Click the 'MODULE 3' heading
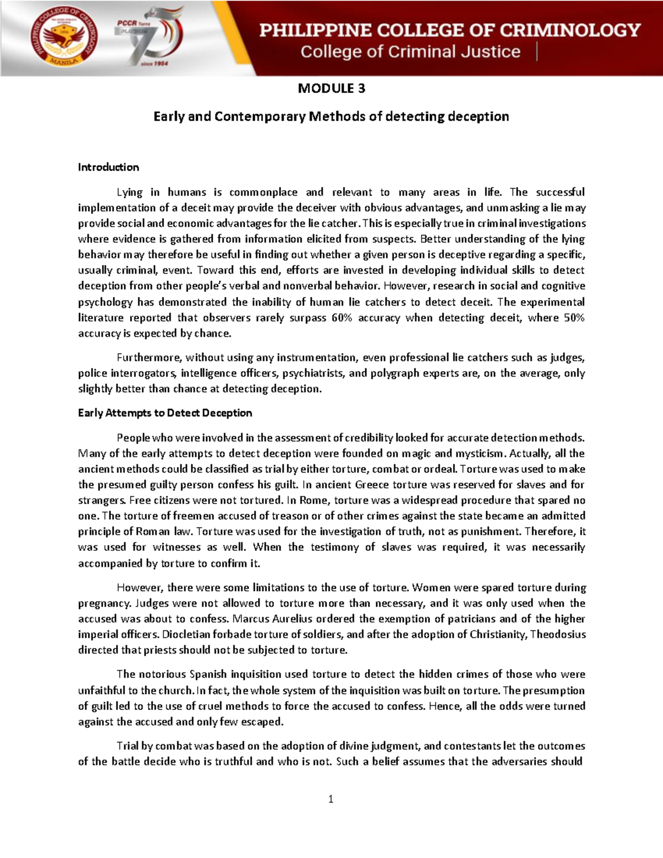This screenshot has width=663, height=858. pos(331,88)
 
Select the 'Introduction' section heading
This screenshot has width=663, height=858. pos(108,167)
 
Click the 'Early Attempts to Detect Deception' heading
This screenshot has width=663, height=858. pos(165,413)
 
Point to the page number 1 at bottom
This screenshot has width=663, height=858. pos(330,799)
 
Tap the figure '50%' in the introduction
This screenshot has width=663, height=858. pos(573,318)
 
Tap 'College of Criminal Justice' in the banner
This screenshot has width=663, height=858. pos(410,52)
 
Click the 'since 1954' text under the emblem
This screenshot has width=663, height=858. pos(155,64)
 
